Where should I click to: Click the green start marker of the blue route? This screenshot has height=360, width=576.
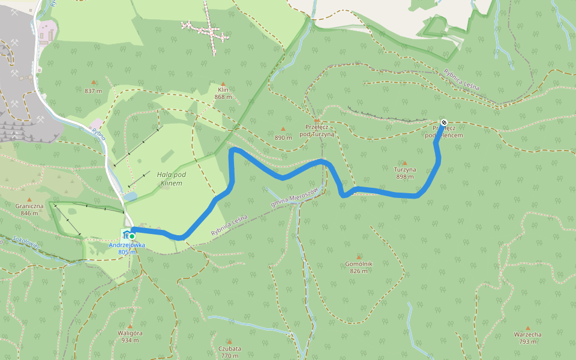[131, 236]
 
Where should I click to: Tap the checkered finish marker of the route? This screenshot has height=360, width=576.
[443, 122]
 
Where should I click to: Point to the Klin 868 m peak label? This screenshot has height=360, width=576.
[223, 93]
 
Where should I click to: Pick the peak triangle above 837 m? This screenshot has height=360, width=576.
[94, 82]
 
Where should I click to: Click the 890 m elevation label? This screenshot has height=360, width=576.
[283, 137]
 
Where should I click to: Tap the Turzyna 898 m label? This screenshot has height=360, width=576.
[404, 173]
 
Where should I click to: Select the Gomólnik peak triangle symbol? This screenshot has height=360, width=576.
[359, 257]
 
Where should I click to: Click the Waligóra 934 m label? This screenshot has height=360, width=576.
[130, 336]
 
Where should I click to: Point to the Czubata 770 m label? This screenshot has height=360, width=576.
[230, 352]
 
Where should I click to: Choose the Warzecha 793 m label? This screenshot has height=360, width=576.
[528, 338]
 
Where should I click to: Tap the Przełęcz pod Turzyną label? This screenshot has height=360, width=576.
[316, 130]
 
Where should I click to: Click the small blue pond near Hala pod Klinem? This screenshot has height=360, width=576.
[131, 196]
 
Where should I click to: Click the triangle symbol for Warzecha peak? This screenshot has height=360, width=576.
[528, 328]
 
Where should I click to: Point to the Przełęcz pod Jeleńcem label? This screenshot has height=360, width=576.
[444, 132]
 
